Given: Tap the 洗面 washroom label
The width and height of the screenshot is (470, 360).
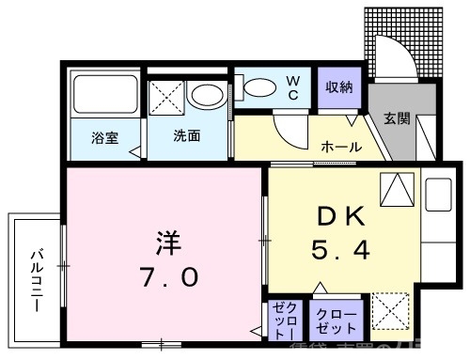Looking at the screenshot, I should pos(185,135).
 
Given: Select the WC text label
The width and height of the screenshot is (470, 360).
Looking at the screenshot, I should pos(292,88).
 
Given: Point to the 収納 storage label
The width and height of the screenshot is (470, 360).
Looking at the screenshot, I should pos(339,87).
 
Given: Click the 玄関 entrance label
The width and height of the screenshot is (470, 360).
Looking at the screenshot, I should pos(396,118).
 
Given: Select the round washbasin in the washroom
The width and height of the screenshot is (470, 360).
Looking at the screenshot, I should pos(204,94).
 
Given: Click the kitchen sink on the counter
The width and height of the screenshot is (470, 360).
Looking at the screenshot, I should pos(438,195).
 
